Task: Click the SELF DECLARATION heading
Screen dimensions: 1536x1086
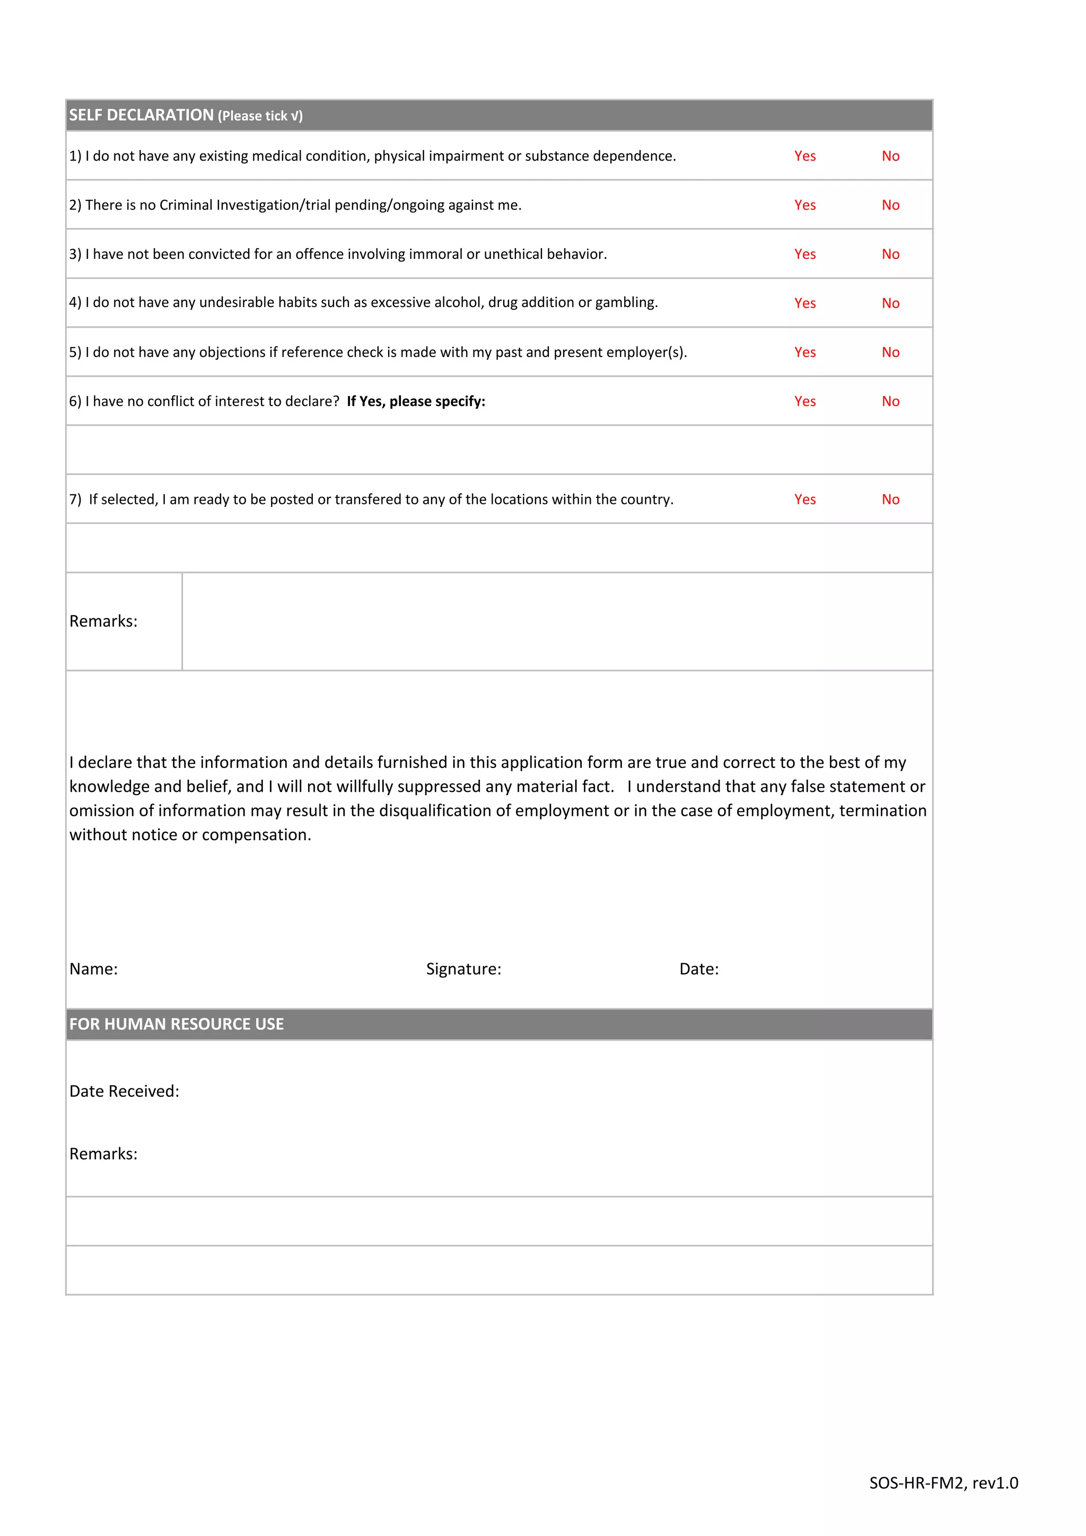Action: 141,115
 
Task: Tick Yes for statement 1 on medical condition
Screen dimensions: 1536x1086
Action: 804,156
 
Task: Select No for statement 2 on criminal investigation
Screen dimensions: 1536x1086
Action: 890,205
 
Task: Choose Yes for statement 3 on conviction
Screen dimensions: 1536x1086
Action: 804,254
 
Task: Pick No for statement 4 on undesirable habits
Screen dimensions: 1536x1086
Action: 890,303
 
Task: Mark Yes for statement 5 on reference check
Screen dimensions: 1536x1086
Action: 804,352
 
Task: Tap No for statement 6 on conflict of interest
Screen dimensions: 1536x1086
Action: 890,402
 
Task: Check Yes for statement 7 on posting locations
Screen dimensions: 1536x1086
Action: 804,499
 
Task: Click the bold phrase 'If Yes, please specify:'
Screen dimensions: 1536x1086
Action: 416,402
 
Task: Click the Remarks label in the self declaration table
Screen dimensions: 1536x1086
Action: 103,621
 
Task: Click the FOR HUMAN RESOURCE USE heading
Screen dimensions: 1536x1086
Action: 177,1024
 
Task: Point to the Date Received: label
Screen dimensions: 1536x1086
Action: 125,1091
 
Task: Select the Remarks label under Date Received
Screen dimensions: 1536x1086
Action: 103,1154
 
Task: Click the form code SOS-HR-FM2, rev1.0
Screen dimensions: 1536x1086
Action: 943,1482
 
